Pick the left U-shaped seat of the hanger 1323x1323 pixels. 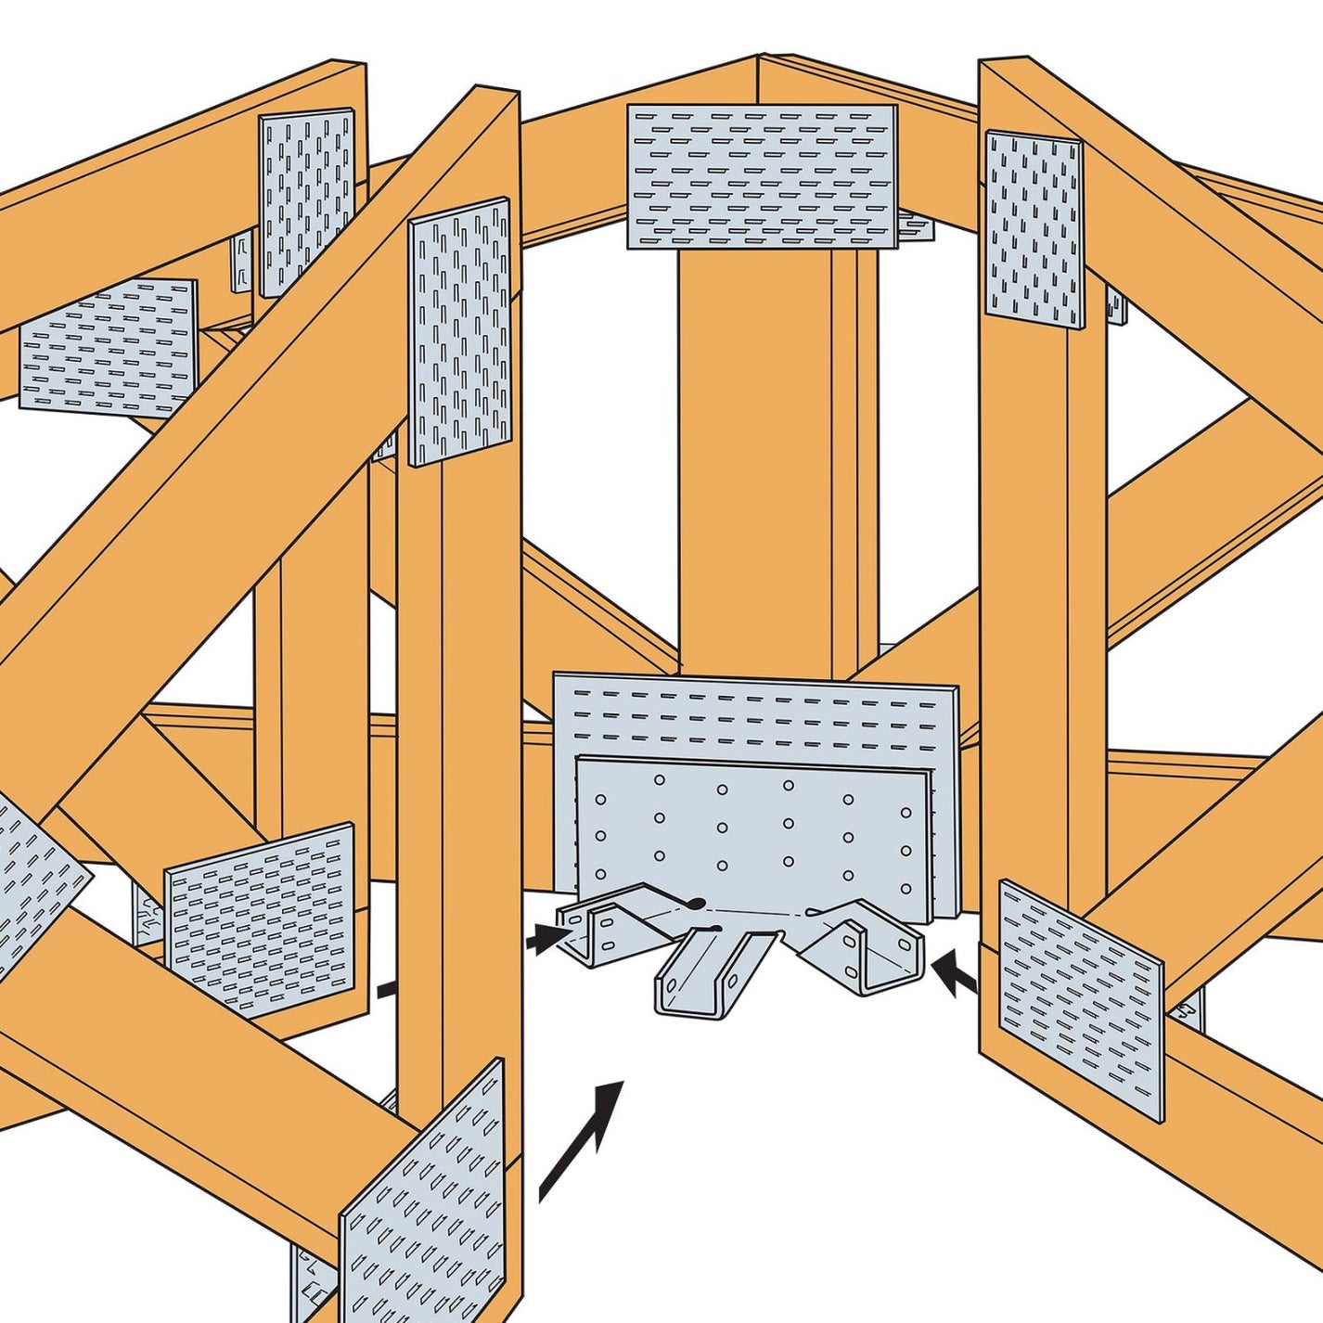[603, 928]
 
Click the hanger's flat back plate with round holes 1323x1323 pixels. [751, 826]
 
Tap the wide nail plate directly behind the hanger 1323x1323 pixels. [756, 714]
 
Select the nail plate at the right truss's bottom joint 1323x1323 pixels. [1080, 998]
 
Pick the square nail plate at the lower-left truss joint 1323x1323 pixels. [261, 918]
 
